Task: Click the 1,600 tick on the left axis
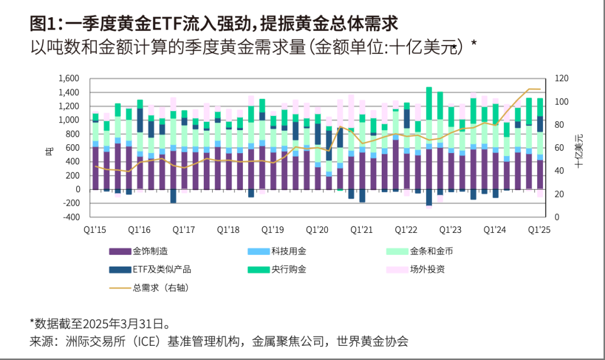pyautogui.click(x=70, y=79)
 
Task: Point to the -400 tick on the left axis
pyautogui.click(x=70, y=217)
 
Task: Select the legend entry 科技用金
pyautogui.click(x=289, y=251)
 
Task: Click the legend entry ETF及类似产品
pyautogui.click(x=162, y=270)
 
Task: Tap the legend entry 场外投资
pyautogui.click(x=427, y=270)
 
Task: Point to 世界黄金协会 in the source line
pyautogui.click(x=372, y=342)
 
